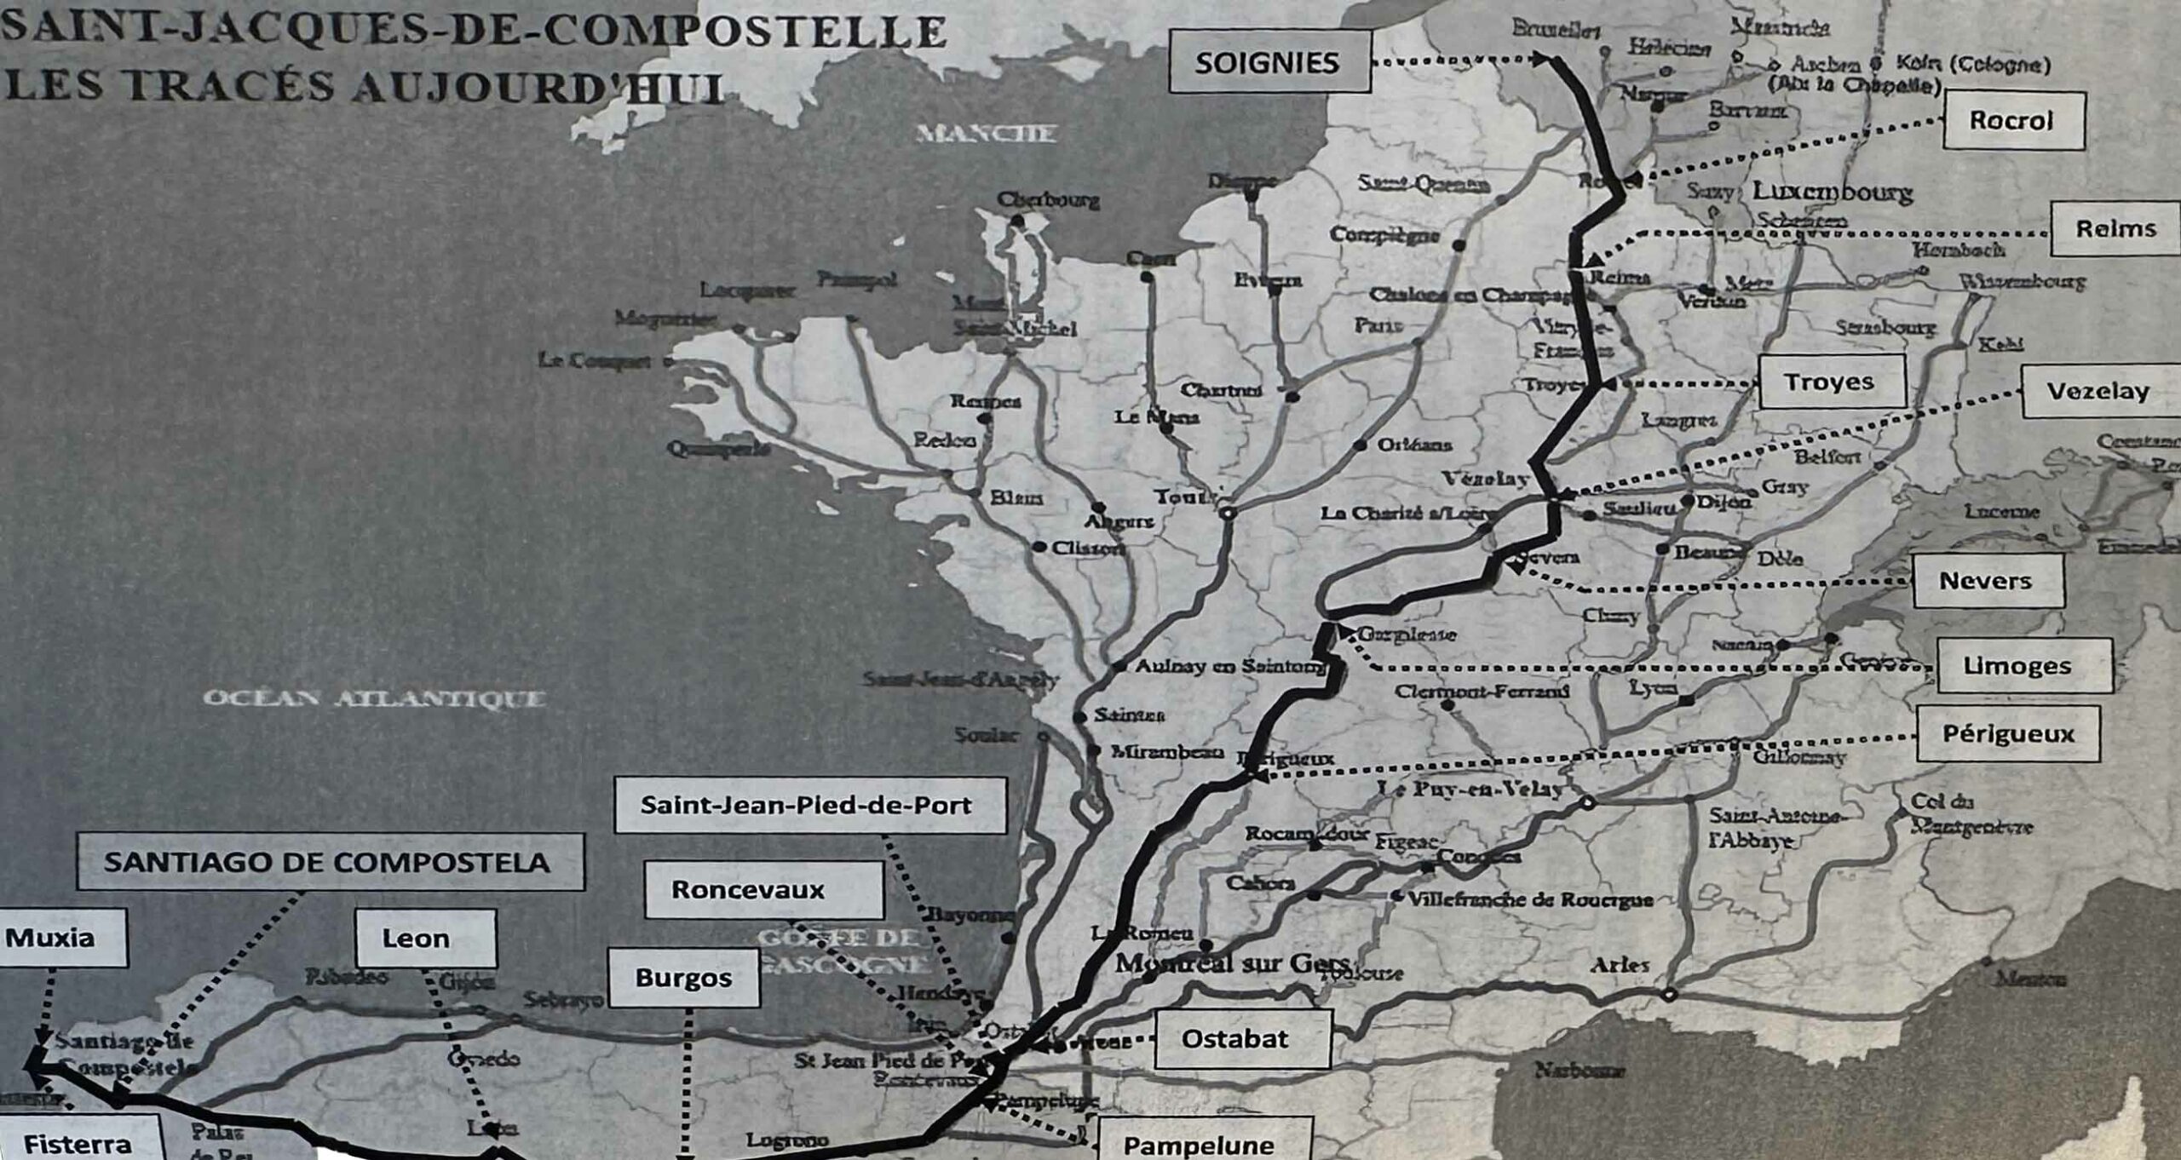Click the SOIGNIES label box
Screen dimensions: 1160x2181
tap(1269, 62)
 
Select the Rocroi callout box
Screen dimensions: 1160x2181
tap(2013, 120)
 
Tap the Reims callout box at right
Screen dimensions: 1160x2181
tap(2115, 228)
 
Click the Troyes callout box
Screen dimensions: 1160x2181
tap(1831, 382)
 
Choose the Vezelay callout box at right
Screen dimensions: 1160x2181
tap(2098, 391)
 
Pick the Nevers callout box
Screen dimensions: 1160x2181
tap(1987, 581)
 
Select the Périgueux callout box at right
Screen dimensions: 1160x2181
tap(2008, 734)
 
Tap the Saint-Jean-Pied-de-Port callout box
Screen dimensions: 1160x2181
tap(809, 805)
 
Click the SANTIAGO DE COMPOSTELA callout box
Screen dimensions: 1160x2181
tap(329, 862)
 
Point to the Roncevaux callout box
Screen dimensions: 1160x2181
tap(762, 890)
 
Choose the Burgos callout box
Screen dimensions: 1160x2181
tap(683, 978)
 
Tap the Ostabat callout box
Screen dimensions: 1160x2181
tap(1241, 1038)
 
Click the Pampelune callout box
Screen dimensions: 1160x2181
tap(1201, 1143)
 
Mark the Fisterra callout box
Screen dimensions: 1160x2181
tap(78, 1141)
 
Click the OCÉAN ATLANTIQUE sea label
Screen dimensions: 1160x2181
tap(374, 698)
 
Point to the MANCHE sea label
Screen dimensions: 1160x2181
tap(987, 134)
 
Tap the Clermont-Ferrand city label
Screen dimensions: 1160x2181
tap(1481, 691)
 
